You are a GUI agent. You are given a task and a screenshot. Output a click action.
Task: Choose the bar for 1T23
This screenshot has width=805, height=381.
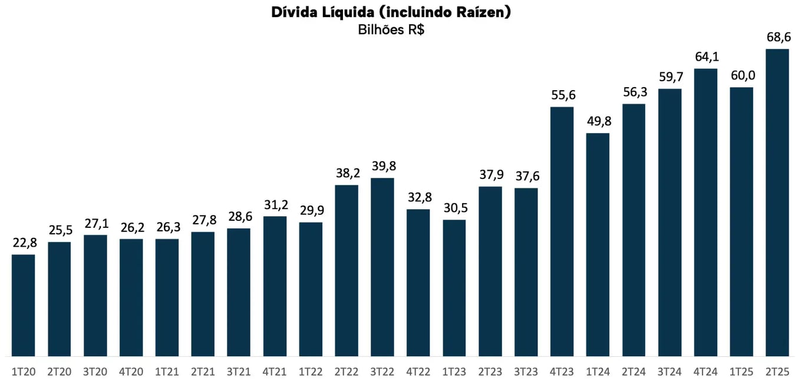point(454,288)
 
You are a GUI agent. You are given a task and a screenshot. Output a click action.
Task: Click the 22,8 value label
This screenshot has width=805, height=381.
point(24,243)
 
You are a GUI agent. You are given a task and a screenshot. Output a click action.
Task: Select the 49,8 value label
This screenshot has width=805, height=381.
point(598,121)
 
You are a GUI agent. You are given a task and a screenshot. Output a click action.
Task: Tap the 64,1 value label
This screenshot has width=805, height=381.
point(705,57)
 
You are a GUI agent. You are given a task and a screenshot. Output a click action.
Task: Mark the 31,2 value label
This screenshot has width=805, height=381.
point(275,204)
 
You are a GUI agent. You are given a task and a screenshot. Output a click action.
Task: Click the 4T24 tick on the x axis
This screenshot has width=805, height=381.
point(705,371)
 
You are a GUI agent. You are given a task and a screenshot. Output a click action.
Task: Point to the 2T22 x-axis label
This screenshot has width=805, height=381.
point(347,371)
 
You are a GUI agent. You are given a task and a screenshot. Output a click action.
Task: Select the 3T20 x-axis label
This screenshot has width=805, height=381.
point(95,371)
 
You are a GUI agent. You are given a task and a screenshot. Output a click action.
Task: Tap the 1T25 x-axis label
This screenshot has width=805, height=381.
point(741,371)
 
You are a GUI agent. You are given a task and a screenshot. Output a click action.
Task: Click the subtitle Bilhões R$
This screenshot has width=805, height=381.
point(391,30)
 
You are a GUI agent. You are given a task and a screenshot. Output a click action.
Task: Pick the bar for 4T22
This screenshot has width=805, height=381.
point(418,283)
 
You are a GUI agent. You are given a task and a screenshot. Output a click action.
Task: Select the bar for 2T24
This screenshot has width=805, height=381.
point(634,230)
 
